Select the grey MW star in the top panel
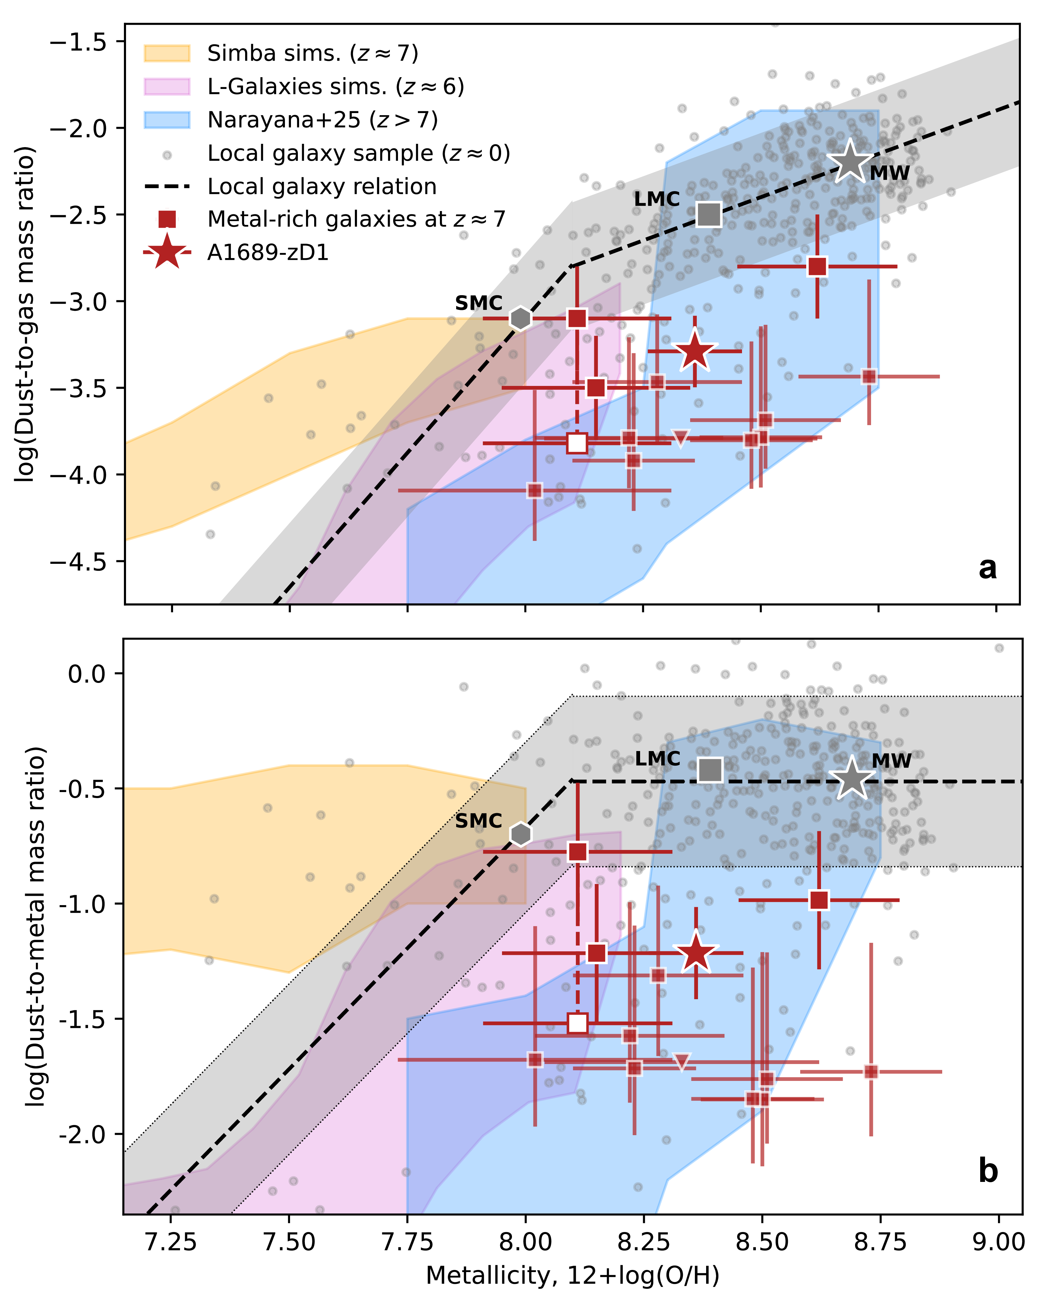[x=850, y=161]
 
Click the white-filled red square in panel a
[x=577, y=443]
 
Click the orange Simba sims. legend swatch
[x=167, y=54]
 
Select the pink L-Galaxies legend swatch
[x=167, y=87]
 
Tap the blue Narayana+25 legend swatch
[x=167, y=120]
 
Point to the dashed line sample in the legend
[x=167, y=186]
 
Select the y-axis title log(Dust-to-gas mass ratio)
[x=25, y=314]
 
